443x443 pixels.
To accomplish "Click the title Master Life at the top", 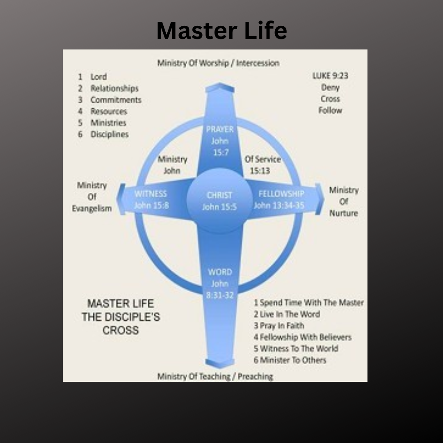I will point(221,31).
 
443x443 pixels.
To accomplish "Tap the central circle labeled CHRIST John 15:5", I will point(219,201).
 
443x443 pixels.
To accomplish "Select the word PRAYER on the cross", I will point(220,130).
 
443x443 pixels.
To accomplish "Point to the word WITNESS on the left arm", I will point(151,194).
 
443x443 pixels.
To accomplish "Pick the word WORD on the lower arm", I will point(220,272).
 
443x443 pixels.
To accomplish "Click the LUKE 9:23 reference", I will point(330,76).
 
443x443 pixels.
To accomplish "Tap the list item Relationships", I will point(114,88).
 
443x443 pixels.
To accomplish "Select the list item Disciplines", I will point(110,134).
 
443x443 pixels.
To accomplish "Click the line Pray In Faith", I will point(279,326).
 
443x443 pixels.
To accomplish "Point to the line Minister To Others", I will point(290,360).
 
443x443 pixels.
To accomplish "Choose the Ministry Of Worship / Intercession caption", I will point(218,63).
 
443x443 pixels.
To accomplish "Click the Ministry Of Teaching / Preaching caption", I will point(215,376).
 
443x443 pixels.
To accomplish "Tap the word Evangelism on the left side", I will point(92,208).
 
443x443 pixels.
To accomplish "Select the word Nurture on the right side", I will point(343,213).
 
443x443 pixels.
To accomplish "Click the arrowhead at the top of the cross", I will point(220,87).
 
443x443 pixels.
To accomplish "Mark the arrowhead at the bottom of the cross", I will point(220,363).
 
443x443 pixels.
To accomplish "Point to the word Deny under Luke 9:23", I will point(330,87).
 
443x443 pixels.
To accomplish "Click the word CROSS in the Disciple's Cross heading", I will point(121,330).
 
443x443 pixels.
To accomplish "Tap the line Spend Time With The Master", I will point(308,303).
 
